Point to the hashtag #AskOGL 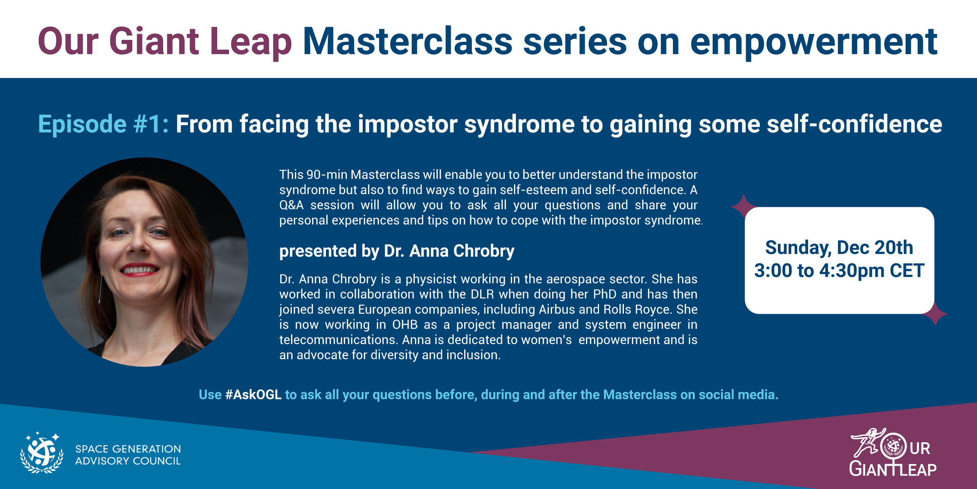point(254,394)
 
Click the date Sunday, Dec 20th point(839,248)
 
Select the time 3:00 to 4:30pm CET point(839,271)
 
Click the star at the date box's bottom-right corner point(935,314)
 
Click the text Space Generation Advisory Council point(128,455)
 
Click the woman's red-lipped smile point(139,269)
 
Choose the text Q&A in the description point(291,205)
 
